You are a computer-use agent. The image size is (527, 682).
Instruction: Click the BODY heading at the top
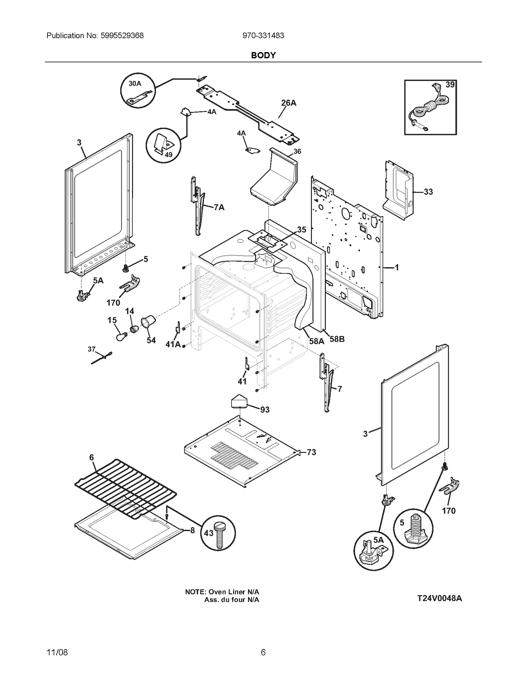tap(263, 55)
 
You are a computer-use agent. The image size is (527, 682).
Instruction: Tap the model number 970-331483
tap(263, 36)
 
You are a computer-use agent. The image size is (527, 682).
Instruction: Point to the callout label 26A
tap(289, 103)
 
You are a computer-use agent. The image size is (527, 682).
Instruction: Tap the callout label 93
tap(265, 410)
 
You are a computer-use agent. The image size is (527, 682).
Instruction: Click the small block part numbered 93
tap(240, 400)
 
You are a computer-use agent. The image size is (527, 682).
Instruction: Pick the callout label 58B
tap(337, 339)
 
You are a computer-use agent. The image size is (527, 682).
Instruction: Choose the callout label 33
tap(428, 192)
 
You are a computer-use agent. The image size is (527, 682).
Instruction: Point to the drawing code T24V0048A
tap(439, 598)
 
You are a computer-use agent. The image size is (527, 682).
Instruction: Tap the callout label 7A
tap(219, 207)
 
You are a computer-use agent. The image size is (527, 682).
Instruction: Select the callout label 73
tap(311, 452)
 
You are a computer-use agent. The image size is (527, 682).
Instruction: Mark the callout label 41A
tap(173, 344)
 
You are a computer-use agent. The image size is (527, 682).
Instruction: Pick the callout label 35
tap(301, 230)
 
